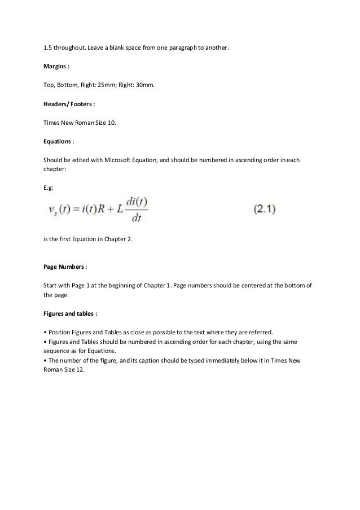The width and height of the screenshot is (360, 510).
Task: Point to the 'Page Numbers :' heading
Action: (x=65, y=264)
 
